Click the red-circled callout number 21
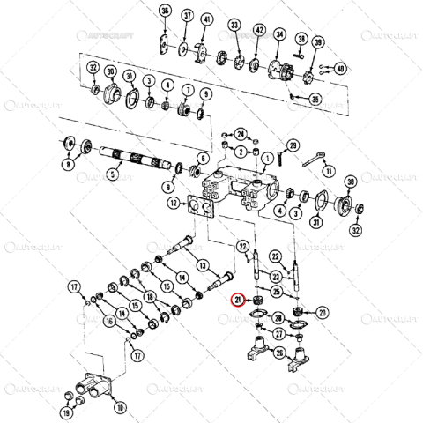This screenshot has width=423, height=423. (236, 300)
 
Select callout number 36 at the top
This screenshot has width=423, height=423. (164, 11)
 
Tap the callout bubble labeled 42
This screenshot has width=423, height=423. (259, 30)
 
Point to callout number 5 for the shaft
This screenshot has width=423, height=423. (112, 174)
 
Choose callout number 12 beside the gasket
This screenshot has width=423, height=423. (174, 204)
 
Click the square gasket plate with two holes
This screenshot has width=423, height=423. (202, 209)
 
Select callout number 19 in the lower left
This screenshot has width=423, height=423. (66, 412)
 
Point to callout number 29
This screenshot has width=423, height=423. (293, 145)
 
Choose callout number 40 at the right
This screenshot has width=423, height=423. (342, 68)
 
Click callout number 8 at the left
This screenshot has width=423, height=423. (66, 164)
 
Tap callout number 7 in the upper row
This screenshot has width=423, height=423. (188, 90)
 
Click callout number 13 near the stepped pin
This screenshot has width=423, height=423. (202, 265)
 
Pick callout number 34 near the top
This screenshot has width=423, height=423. (279, 34)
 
